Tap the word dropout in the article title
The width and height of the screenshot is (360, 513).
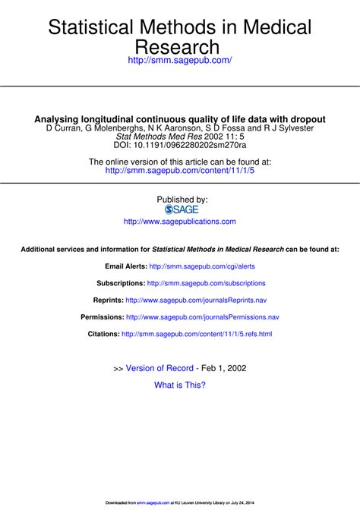(303, 119)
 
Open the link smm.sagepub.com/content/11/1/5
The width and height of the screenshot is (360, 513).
(180, 171)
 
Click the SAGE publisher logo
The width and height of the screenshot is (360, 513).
(181, 209)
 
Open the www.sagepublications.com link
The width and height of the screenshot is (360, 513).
(179, 222)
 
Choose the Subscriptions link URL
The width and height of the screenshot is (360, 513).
(206, 283)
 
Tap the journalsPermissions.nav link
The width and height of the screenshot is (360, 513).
(203, 316)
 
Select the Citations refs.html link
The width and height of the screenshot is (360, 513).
(197, 333)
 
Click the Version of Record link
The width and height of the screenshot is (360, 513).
(159, 368)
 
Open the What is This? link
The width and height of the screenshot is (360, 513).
(180, 385)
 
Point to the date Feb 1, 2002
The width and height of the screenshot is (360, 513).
(224, 368)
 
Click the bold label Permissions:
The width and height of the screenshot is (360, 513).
(103, 316)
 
